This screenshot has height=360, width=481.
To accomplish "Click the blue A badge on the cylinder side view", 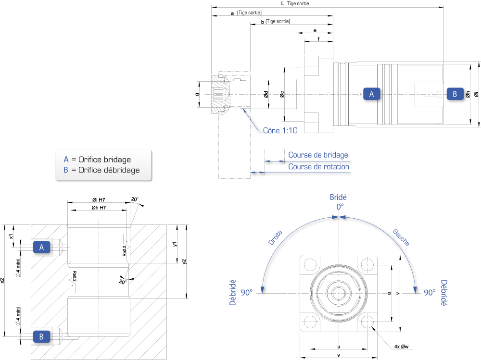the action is pos(371,94).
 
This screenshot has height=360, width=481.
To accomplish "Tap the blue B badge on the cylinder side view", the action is pos(455,94).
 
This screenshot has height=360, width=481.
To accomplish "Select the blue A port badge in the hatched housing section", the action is pos(42,247).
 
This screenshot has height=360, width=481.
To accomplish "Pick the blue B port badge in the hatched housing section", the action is pos(42,337).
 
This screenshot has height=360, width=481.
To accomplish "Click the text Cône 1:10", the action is pos(280,131).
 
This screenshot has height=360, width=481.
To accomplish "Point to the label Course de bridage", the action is pos(318,155).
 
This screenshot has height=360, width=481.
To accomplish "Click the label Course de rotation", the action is pos(319,167).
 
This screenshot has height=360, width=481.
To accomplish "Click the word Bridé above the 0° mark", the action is pos(338,197).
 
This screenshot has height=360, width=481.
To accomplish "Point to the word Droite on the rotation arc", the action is pos(275,237).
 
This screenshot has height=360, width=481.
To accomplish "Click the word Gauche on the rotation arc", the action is pos(401,237).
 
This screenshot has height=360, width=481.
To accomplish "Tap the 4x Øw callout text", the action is pos(401,347).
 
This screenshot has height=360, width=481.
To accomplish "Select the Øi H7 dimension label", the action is pos(99,199).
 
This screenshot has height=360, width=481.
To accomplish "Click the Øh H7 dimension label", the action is pos(99,208).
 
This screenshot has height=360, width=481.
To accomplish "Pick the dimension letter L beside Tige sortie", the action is pos(282,4).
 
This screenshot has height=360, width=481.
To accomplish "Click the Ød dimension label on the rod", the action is pos(266,94).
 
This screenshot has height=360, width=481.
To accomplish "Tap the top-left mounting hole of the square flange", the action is pos(310,265).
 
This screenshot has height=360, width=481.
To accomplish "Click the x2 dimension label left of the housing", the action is pos(2,280).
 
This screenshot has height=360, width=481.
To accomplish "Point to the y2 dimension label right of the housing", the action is pos(184,261).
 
